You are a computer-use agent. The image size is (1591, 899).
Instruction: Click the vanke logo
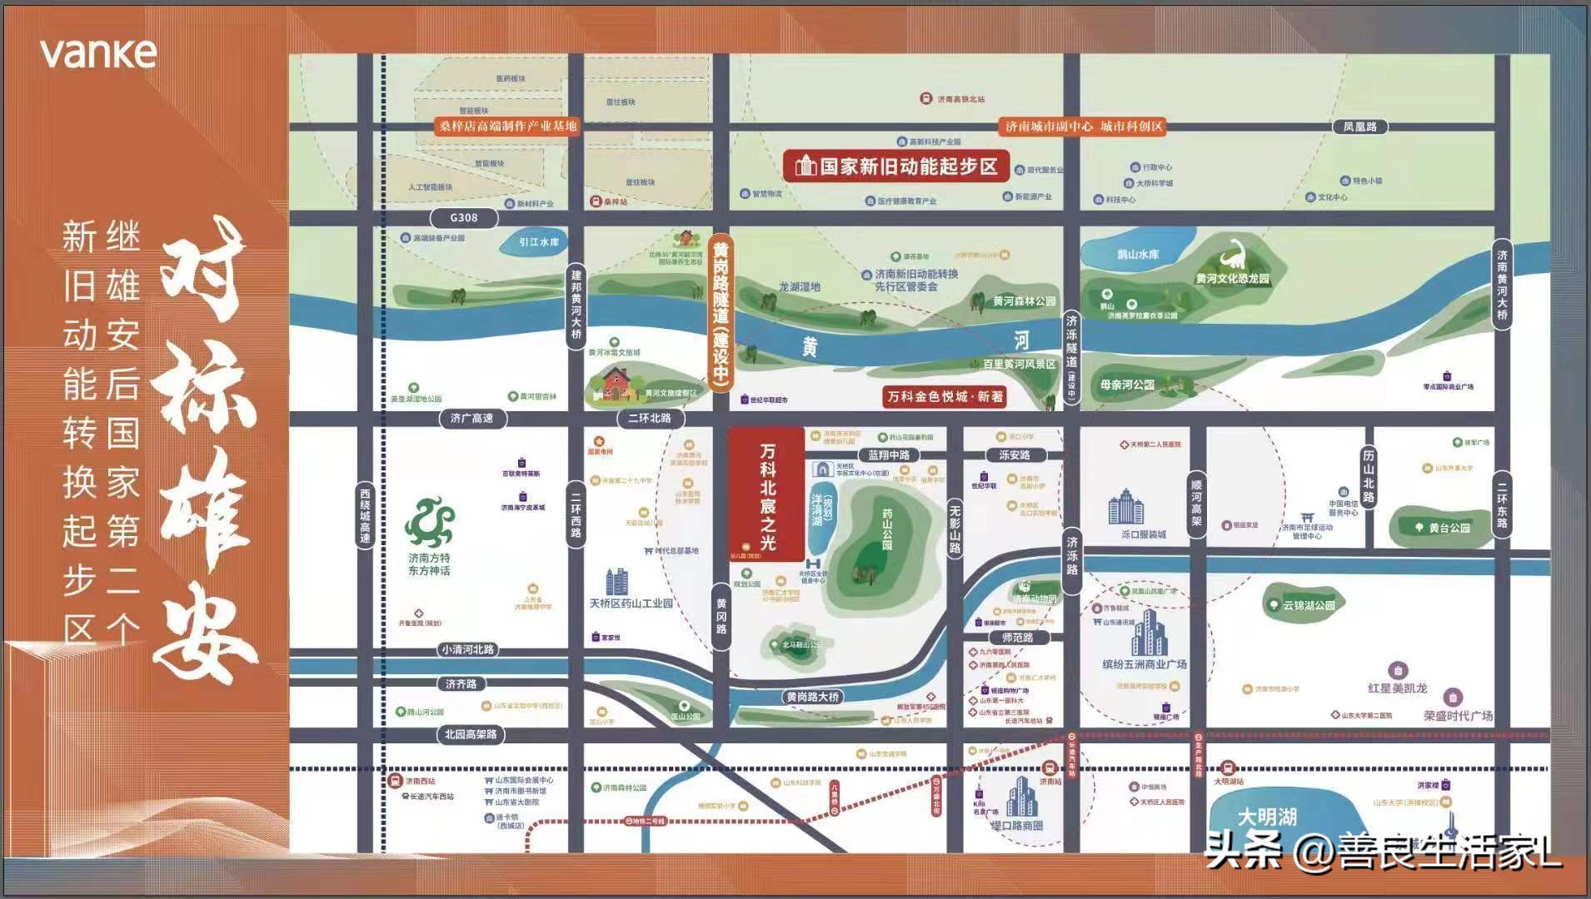[98, 53]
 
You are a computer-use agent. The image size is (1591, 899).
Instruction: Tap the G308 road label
[464, 218]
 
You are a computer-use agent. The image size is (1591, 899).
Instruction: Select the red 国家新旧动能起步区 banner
[896, 166]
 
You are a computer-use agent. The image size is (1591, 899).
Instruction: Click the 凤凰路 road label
[1359, 127]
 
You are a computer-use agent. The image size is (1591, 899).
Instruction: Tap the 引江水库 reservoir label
[539, 242]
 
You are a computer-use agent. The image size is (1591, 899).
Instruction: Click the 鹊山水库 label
[1138, 254]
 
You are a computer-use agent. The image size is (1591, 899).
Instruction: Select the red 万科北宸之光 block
[766, 495]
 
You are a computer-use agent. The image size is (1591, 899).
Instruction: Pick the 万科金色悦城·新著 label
[945, 397]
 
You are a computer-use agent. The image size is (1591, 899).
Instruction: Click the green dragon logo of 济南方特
[429, 522]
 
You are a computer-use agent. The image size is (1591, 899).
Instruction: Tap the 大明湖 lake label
[1267, 817]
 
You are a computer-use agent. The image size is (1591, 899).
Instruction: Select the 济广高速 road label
[471, 418]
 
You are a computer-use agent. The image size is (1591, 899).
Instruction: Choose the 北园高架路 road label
[470, 734]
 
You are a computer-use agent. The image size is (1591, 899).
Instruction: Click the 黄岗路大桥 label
[812, 697]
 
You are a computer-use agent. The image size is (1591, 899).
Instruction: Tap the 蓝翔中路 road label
[889, 455]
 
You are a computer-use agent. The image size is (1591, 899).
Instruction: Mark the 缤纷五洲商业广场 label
[1145, 664]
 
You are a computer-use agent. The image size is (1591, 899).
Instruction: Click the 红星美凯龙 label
[1397, 688]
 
